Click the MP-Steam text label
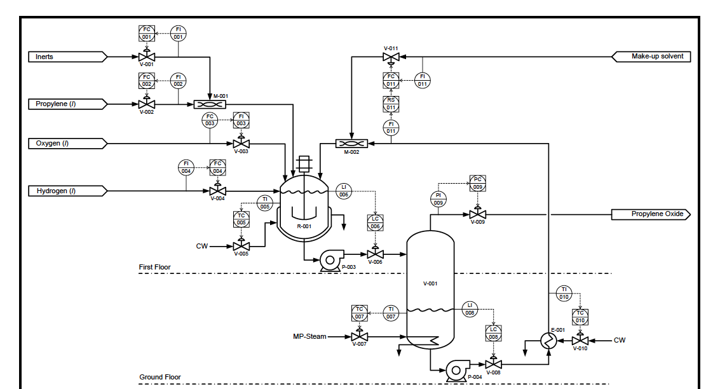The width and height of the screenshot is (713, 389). pos(309,336)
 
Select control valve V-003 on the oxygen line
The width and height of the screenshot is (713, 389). pos(241,143)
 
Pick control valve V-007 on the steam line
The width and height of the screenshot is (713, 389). pos(360,336)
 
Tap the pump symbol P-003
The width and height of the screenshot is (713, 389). pos(330,259)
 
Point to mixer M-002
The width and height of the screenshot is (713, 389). pos(351,144)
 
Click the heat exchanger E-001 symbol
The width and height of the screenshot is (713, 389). pos(548,341)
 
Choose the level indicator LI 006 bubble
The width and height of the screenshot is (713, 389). pos(344,191)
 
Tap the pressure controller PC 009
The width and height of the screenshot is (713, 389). pos(477,183)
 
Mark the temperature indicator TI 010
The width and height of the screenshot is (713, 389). pos(564,293)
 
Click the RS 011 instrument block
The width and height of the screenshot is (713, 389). pos(391,104)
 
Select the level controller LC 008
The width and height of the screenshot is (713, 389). pos(493,333)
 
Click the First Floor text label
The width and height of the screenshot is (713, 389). pos(155,267)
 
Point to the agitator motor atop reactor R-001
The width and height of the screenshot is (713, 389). pos(303,164)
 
